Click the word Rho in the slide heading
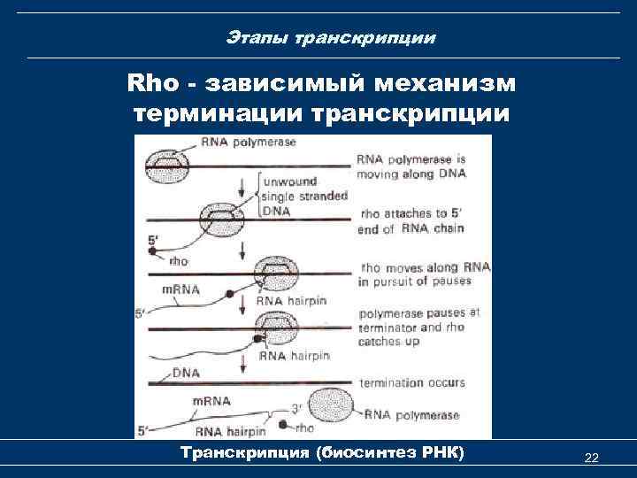(155, 84)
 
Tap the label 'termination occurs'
(411, 383)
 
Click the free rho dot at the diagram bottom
(283, 426)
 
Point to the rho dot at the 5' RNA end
(153, 253)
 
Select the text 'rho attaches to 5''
(410, 215)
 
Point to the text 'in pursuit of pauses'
(415, 281)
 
